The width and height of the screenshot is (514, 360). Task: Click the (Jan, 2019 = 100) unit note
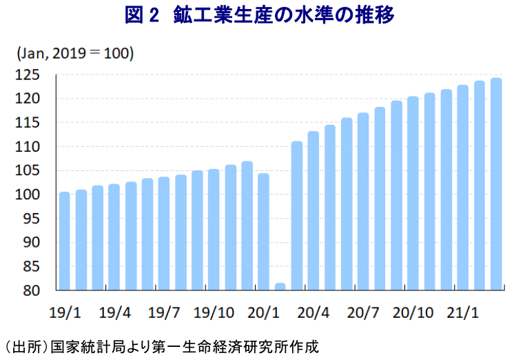[x=75, y=53]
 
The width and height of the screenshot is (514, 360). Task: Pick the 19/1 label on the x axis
[x=65, y=312]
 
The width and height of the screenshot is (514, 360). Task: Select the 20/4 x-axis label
[x=313, y=312]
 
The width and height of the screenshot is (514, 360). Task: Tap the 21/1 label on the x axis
[x=463, y=312]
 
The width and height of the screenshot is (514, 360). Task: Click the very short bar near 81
[x=280, y=286]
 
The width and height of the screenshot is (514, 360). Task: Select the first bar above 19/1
[x=65, y=241]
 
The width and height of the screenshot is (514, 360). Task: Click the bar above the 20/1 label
[x=264, y=232]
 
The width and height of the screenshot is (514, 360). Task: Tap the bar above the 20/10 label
[x=413, y=193]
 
